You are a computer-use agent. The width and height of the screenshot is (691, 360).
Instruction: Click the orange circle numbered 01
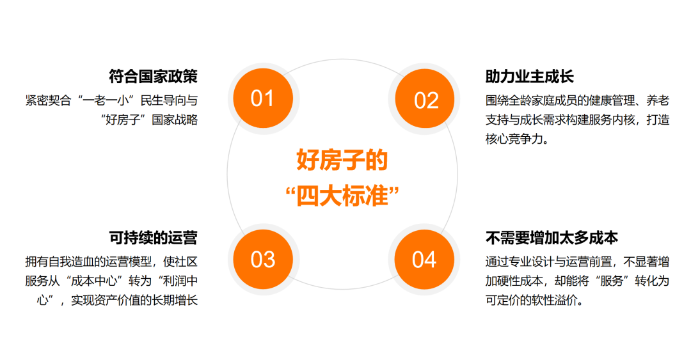[262, 98]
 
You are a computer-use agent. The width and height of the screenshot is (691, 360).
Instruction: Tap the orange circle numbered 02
[426, 100]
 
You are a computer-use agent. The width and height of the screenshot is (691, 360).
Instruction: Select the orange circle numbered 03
[262, 260]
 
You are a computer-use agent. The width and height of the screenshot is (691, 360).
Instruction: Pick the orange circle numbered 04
[424, 260]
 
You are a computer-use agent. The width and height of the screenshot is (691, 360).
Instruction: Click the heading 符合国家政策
[153, 77]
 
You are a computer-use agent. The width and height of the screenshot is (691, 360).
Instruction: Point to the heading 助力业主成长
[530, 77]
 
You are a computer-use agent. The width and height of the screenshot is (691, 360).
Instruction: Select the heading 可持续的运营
[153, 238]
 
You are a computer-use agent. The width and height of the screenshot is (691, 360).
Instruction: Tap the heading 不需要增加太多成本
[552, 238]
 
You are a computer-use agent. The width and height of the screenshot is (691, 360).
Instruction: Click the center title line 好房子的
[342, 160]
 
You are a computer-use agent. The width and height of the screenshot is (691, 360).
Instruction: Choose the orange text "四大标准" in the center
[342, 196]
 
